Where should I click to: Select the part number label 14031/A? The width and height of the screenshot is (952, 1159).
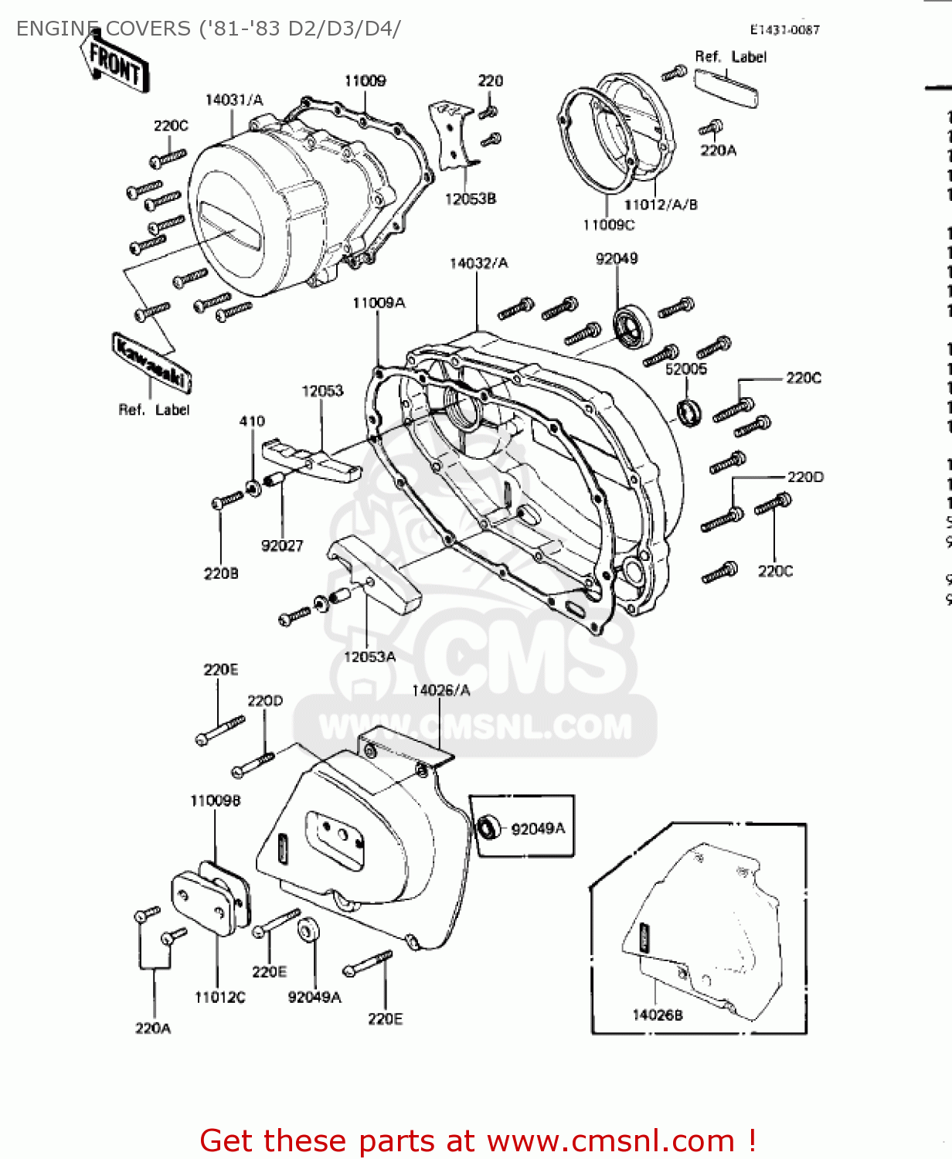[x=233, y=100]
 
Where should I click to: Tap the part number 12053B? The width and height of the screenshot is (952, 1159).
[x=470, y=199]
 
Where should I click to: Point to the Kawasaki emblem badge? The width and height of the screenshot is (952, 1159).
[x=151, y=362]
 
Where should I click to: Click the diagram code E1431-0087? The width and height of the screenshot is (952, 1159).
[x=784, y=29]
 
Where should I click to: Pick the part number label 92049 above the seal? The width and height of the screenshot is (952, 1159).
[x=616, y=258]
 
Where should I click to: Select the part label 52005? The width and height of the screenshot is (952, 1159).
[x=686, y=369]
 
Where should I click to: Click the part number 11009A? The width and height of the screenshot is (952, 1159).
[x=378, y=303]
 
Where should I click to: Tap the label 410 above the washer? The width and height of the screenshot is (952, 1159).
[x=252, y=421]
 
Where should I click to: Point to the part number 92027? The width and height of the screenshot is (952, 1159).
[x=282, y=546]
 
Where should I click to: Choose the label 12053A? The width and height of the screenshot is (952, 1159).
[x=369, y=657]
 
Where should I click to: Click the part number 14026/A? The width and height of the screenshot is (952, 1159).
[x=440, y=690]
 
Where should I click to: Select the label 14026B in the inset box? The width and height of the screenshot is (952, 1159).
[x=657, y=1015]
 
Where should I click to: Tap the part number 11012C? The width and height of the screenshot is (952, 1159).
[x=219, y=997]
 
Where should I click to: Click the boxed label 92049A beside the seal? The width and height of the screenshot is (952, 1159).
[x=538, y=828]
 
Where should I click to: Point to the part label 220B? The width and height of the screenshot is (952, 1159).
[x=221, y=573]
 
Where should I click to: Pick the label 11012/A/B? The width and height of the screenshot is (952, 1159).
[x=660, y=204]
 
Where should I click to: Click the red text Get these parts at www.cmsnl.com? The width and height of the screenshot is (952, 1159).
[x=478, y=1140]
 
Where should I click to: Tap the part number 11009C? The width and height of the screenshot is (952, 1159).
[x=608, y=225]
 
